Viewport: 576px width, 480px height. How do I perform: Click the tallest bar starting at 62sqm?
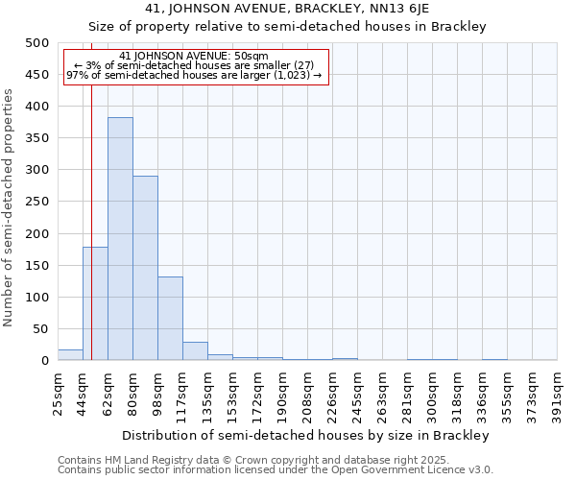(x=120, y=239)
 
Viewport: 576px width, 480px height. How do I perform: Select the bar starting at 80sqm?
(x=145, y=268)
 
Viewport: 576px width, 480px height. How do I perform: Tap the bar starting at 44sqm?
(x=95, y=303)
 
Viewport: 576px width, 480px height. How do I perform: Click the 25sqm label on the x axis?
(x=59, y=394)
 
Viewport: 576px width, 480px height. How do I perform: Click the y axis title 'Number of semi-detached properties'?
(x=11, y=207)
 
